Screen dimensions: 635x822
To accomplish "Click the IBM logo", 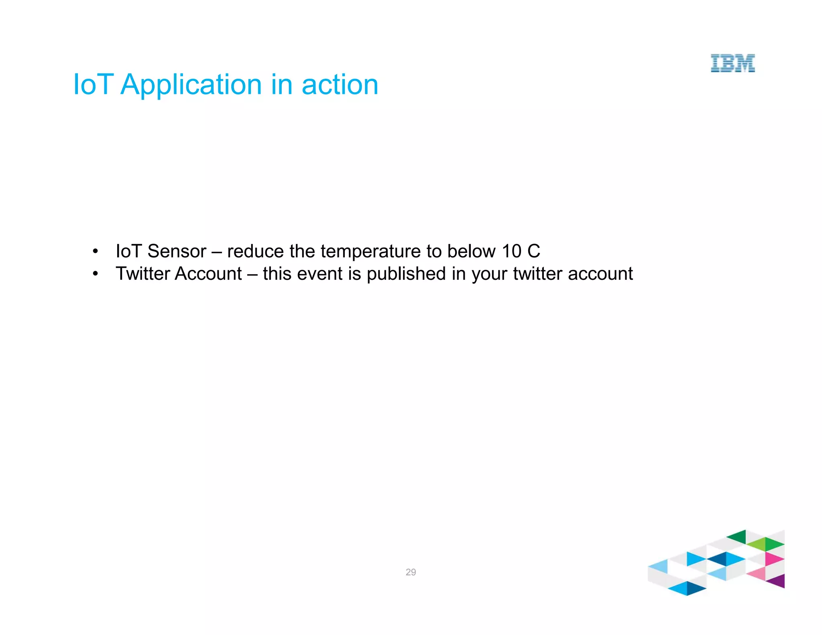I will (732, 63).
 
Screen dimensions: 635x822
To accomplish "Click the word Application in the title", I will (191, 85).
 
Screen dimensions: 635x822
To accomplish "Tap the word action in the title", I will (340, 85).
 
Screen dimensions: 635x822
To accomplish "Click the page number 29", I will (411, 572).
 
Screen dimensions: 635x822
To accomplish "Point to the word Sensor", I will (177, 252).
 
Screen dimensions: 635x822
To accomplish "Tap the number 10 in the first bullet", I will (511, 252).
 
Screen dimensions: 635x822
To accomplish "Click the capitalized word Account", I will (208, 274).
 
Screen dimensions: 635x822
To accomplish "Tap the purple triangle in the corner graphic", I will (778, 581).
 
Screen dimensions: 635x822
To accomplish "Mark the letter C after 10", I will (533, 252).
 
